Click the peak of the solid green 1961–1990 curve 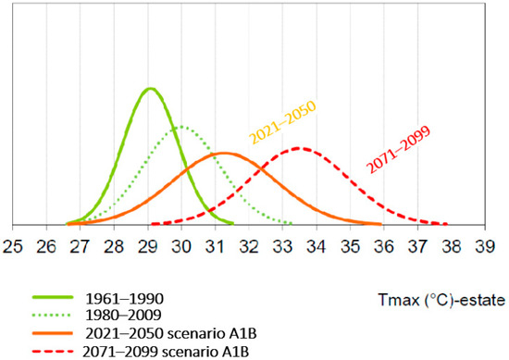click(150, 89)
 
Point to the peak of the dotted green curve click(182, 127)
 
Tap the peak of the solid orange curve click(222, 154)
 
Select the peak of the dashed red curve click(297, 148)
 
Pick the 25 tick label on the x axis click(13, 247)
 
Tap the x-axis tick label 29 click(148, 247)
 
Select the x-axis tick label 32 click(250, 247)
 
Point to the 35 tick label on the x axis click(351, 247)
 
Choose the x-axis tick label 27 click(81, 247)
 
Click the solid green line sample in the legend click(55, 298)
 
